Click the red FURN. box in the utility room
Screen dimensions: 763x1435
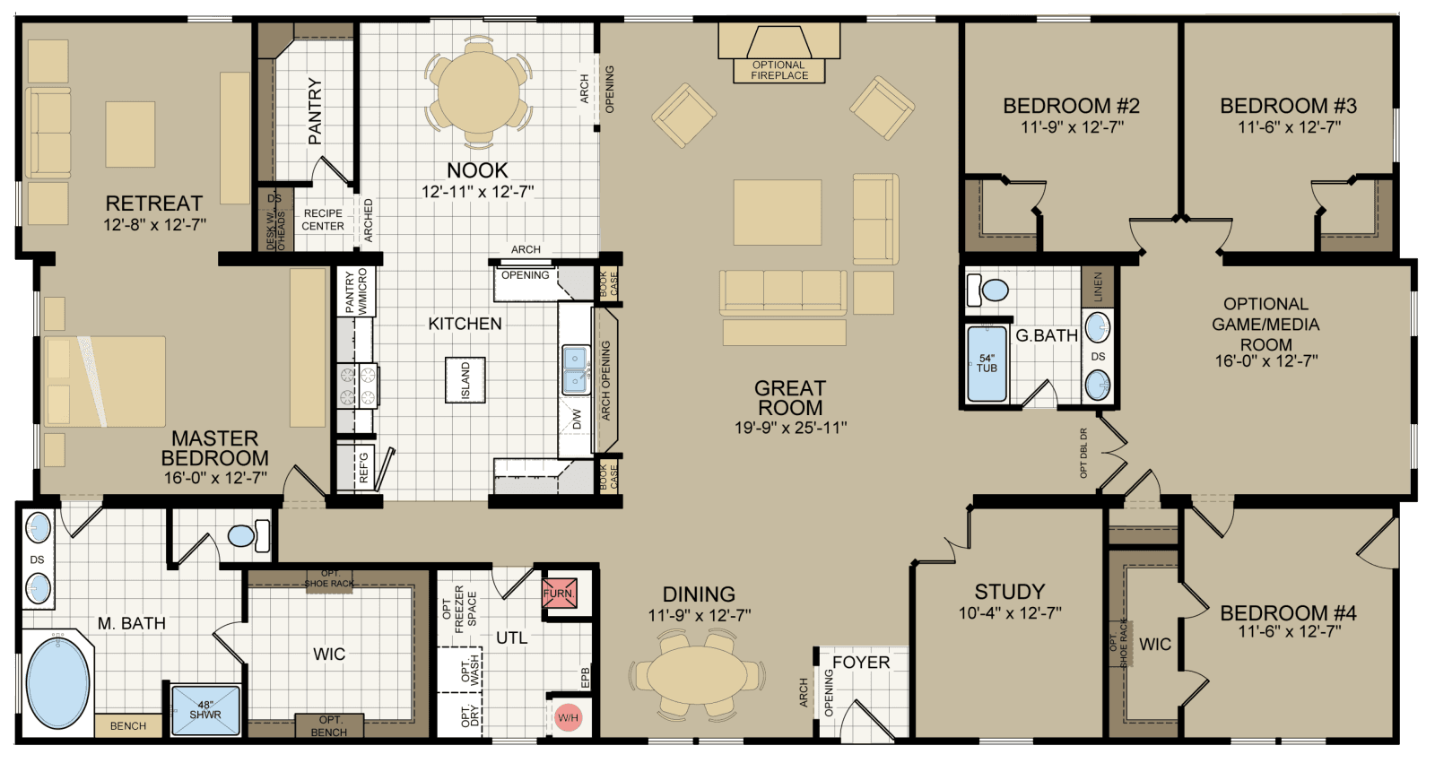tap(559, 594)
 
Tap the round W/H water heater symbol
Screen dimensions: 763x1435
tap(568, 717)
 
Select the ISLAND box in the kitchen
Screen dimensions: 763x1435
tap(465, 380)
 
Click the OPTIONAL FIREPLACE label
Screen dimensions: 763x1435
tap(778, 70)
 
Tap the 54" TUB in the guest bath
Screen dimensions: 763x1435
tap(987, 363)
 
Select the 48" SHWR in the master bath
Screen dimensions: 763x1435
tap(205, 710)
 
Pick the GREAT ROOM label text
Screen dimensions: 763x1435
tap(789, 397)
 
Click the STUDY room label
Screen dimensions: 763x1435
tap(1010, 592)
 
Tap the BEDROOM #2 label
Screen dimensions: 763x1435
tap(1071, 106)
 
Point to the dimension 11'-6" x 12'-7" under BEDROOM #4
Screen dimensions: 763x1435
tap(1289, 632)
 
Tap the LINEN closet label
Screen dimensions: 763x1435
tap(1098, 287)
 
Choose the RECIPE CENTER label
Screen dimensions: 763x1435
tap(323, 220)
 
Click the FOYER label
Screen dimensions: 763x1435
tap(861, 663)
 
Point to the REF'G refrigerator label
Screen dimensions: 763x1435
tap(364, 469)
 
